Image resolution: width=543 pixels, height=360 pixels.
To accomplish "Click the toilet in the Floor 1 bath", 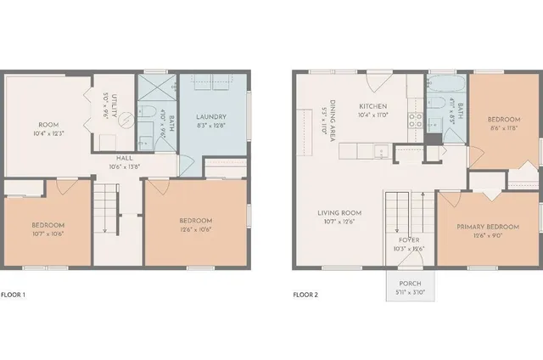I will [148, 115].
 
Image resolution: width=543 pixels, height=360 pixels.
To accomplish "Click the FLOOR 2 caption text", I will [305, 295].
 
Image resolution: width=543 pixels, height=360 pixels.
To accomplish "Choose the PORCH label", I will [410, 284].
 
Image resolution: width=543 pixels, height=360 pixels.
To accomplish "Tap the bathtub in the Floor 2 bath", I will [444, 86].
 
